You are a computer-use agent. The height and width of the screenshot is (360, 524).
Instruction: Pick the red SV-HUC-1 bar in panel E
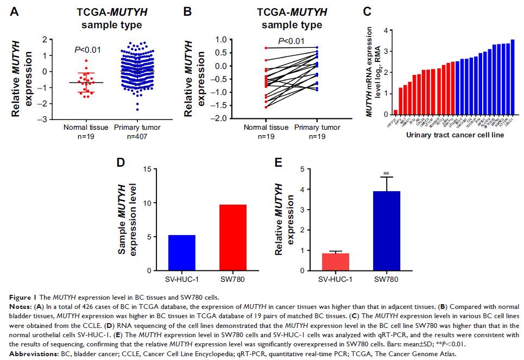click(336, 261)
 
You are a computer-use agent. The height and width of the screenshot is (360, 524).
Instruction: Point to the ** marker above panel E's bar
click(386, 174)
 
